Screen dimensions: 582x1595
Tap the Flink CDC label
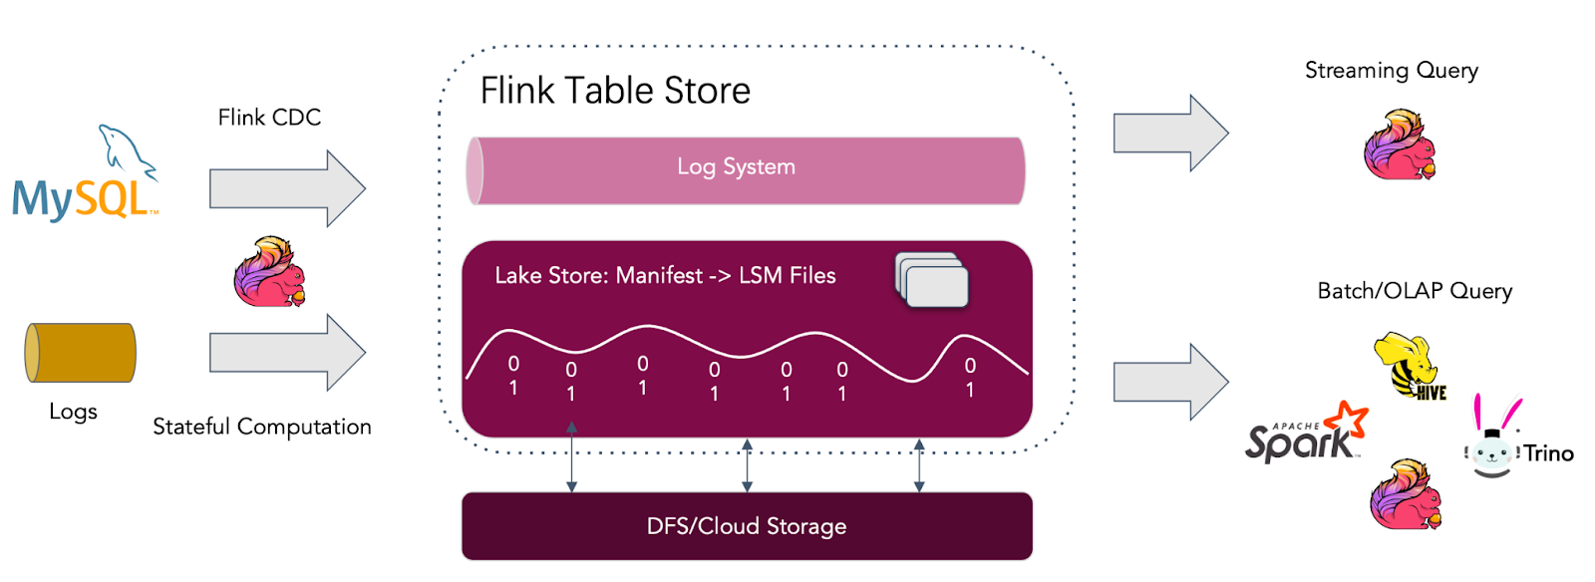(x=269, y=118)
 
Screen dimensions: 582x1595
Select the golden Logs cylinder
(x=80, y=353)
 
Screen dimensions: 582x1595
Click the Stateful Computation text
(x=261, y=427)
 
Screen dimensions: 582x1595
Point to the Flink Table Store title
(x=615, y=91)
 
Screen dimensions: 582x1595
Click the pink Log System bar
(x=746, y=170)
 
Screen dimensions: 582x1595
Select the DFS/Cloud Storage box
(x=747, y=526)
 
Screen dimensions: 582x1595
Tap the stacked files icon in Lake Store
(x=932, y=280)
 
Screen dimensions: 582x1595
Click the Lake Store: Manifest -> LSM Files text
(x=665, y=276)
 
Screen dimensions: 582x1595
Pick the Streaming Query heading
(x=1391, y=71)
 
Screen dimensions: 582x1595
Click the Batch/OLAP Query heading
(x=1415, y=291)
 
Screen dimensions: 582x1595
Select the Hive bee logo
(x=1408, y=367)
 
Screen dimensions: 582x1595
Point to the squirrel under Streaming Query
(x=1400, y=145)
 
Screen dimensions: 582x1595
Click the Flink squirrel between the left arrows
(x=269, y=271)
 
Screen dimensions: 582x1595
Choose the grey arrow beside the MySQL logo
(x=287, y=188)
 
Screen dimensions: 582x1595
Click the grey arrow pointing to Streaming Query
(x=1170, y=133)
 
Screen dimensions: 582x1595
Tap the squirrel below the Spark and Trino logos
(x=1406, y=494)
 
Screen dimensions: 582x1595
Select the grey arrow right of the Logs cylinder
(x=287, y=352)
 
